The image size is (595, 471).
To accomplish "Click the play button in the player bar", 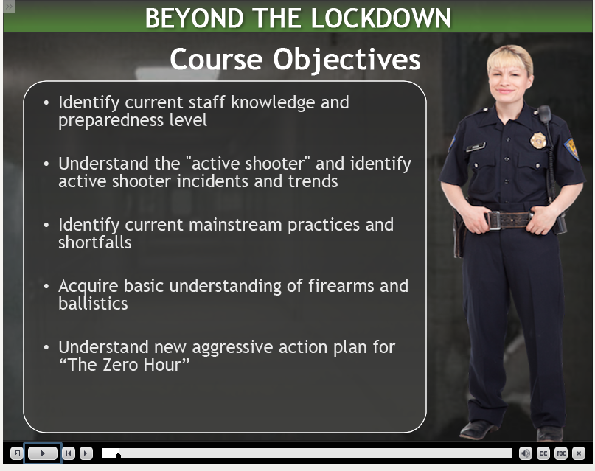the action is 43,453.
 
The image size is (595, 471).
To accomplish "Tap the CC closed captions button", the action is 543,453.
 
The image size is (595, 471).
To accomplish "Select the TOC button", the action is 561,453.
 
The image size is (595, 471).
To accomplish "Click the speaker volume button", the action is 525,453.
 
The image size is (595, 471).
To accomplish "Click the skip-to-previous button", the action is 69,453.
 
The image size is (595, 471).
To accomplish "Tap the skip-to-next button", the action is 86,453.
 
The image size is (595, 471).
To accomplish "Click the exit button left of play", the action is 17,453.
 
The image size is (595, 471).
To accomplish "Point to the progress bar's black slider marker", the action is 119,455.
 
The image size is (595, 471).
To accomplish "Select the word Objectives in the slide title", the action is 347,60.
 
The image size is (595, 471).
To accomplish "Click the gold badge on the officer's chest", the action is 538,140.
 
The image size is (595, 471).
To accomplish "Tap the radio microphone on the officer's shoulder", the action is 545,114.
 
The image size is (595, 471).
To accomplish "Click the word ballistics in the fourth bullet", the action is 93,304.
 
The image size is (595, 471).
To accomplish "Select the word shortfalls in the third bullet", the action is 95,243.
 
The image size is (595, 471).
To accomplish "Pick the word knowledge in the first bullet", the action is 273,102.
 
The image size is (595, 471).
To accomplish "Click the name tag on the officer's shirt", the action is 476,147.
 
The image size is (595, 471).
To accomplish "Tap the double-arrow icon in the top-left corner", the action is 9,6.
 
